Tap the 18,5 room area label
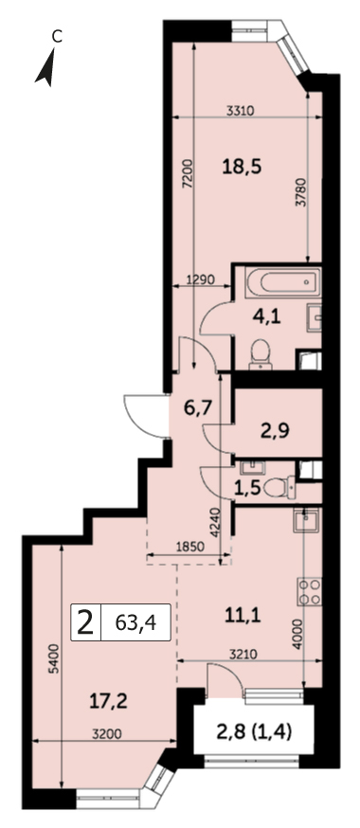[243, 168]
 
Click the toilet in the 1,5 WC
[280, 486]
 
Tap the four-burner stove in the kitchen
[310, 592]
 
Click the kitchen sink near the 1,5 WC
[306, 521]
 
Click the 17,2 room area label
[108, 702]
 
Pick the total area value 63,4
[135, 623]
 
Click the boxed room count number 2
[84, 622]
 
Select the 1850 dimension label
[189, 548]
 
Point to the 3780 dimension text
[299, 194]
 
